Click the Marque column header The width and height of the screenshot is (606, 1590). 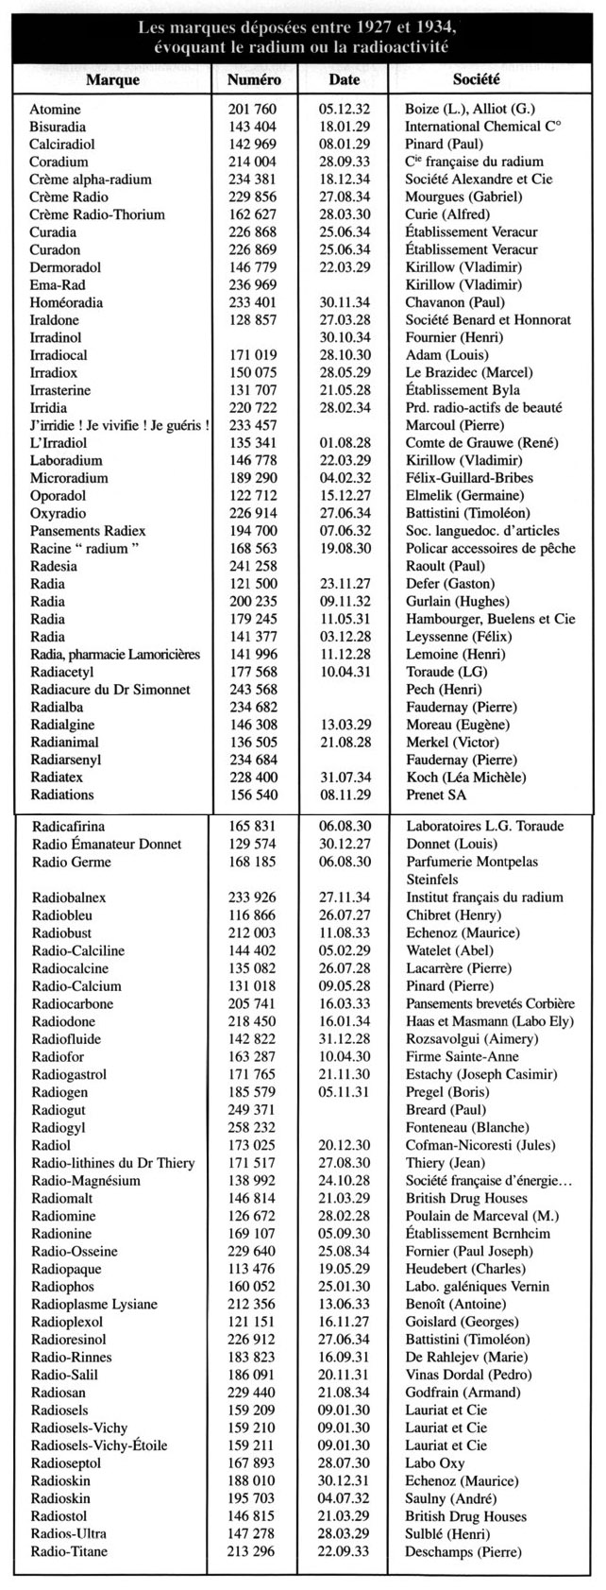(111, 80)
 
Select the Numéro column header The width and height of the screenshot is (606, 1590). (254, 80)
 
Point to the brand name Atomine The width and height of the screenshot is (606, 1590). (55, 110)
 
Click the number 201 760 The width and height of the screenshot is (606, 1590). (252, 110)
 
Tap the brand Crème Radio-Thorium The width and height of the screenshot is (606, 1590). (97, 215)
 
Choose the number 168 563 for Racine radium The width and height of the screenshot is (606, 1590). (252, 549)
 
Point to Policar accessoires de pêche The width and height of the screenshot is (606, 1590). (484, 549)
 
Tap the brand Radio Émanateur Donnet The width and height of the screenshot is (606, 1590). (107, 845)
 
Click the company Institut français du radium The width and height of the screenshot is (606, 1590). (483, 898)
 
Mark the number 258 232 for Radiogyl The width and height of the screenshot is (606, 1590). (252, 1128)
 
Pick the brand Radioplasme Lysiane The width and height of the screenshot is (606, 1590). (96, 1305)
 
